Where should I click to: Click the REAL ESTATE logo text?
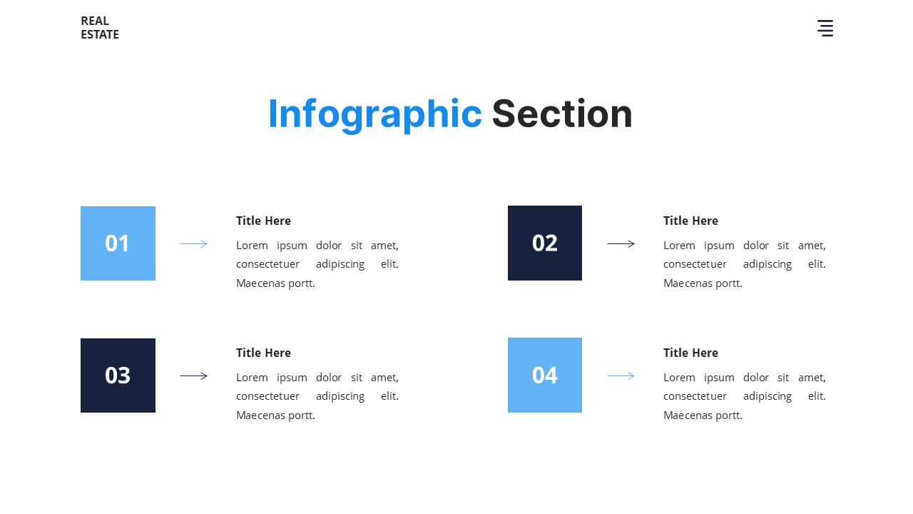[x=100, y=28]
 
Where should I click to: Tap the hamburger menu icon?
[x=825, y=29]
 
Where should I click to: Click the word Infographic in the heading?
[x=374, y=114]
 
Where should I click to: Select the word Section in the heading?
[x=562, y=114]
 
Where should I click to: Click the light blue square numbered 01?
[x=118, y=243]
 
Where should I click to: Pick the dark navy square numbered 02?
[x=545, y=243]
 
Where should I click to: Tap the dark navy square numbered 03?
[x=118, y=376]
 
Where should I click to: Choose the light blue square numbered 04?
[x=545, y=376]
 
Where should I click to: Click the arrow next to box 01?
[x=193, y=244]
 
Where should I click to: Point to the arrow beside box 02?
[x=621, y=244]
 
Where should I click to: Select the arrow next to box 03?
[x=193, y=376]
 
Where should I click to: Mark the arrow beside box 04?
[x=621, y=376]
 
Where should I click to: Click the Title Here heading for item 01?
[x=263, y=221]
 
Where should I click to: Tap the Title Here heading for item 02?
[x=690, y=221]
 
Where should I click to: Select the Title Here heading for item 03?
[x=263, y=353]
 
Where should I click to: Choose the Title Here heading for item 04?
[x=690, y=353]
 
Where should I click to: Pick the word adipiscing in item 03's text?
[x=340, y=396]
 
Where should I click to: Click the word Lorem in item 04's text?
[x=678, y=378]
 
